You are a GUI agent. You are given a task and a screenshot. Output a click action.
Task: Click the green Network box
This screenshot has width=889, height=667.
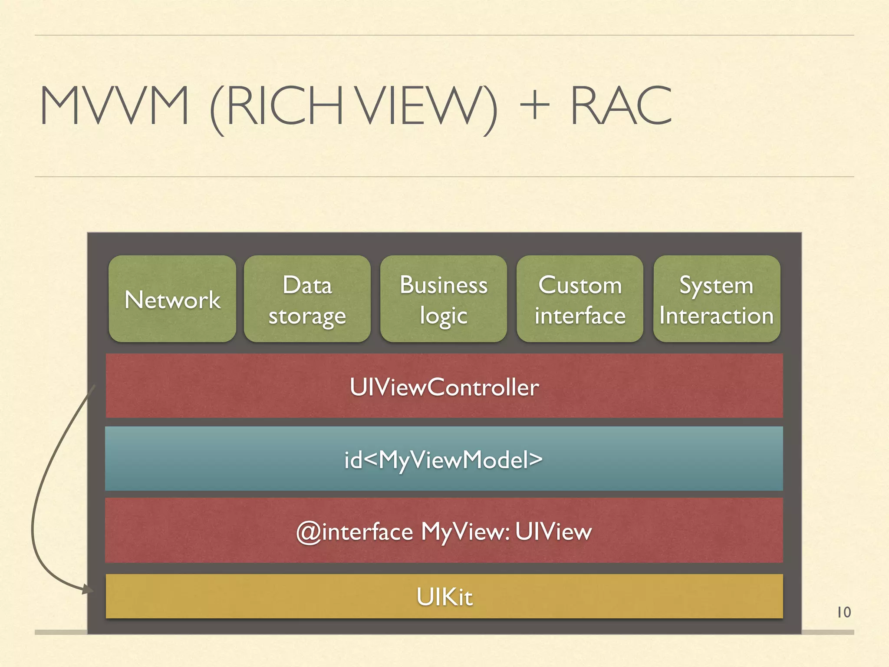172,299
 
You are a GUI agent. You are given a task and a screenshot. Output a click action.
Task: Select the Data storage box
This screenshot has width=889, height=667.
307,299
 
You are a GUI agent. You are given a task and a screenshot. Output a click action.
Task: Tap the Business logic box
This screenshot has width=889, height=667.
444,299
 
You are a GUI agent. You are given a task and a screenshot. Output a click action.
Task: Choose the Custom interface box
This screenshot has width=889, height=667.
580,299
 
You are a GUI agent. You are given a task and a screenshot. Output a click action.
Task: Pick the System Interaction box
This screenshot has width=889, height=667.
717,299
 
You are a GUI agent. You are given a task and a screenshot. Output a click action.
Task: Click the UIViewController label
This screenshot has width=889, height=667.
444,387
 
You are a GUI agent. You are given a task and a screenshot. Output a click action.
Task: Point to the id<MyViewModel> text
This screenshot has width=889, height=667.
443,459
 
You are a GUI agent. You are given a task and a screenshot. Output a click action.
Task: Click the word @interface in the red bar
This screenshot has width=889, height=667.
354,532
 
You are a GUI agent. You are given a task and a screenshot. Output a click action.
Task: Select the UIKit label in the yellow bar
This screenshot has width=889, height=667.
444,596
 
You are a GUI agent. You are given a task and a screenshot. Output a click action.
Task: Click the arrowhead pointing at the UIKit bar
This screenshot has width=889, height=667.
88,589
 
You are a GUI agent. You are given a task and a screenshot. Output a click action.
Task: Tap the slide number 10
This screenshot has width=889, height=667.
843,612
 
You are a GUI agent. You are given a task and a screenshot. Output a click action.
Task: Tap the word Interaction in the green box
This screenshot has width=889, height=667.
716,315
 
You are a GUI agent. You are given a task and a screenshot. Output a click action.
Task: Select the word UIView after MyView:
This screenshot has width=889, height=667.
553,532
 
